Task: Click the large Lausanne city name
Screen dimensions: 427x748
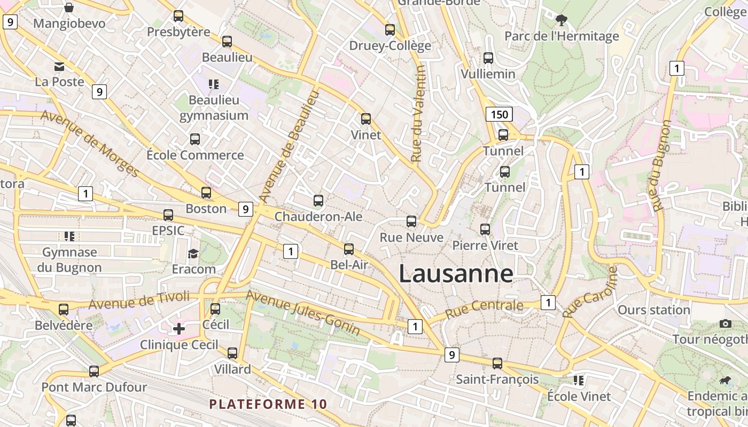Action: pyautogui.click(x=456, y=274)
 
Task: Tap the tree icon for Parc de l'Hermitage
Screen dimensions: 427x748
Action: pyautogui.click(x=561, y=20)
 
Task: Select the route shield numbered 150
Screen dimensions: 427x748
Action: pyautogui.click(x=499, y=114)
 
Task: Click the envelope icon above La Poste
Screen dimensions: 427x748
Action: pyautogui.click(x=59, y=67)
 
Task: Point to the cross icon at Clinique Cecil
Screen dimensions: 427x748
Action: pyautogui.click(x=179, y=328)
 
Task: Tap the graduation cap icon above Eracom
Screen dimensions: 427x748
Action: pyautogui.click(x=193, y=253)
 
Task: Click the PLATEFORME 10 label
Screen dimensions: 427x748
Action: pyautogui.click(x=268, y=404)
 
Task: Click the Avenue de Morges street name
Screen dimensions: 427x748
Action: pyautogui.click(x=89, y=144)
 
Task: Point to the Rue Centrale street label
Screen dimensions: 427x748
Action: pyautogui.click(x=484, y=308)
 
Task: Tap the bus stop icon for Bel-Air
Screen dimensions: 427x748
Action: pyautogui.click(x=349, y=249)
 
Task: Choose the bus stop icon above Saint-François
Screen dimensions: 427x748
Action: pyautogui.click(x=497, y=363)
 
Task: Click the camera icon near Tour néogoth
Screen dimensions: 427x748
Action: pyautogui.click(x=725, y=323)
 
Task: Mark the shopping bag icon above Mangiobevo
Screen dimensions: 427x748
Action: pyautogui.click(x=69, y=7)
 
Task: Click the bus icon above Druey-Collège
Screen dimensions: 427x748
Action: pyautogui.click(x=390, y=30)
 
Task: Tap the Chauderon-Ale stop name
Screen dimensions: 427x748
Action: pyautogui.click(x=318, y=217)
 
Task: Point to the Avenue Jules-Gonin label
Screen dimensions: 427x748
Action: pyautogui.click(x=302, y=312)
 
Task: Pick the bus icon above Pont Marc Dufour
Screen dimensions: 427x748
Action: pyautogui.click(x=94, y=371)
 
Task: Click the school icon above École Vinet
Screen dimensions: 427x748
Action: pyautogui.click(x=578, y=381)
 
